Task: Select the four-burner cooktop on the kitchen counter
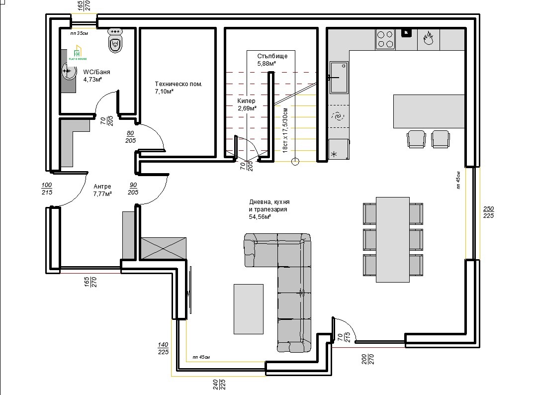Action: pyautogui.click(x=385, y=39)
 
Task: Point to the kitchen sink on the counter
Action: pyautogui.click(x=340, y=77)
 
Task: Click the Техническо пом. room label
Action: pyautogui.click(x=178, y=88)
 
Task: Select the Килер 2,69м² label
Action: pyautogui.click(x=247, y=104)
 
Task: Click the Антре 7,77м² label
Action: pyautogui.click(x=102, y=190)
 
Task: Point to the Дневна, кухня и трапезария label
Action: pyautogui.click(x=269, y=209)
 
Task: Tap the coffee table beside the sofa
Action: pyautogui.click(x=249, y=308)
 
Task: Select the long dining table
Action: pyautogui.click(x=392, y=239)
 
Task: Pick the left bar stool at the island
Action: pyautogui.click(x=416, y=139)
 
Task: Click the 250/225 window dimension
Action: pyautogui.click(x=488, y=212)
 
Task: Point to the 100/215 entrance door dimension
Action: pyautogui.click(x=47, y=189)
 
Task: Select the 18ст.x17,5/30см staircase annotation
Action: pyautogui.click(x=285, y=130)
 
